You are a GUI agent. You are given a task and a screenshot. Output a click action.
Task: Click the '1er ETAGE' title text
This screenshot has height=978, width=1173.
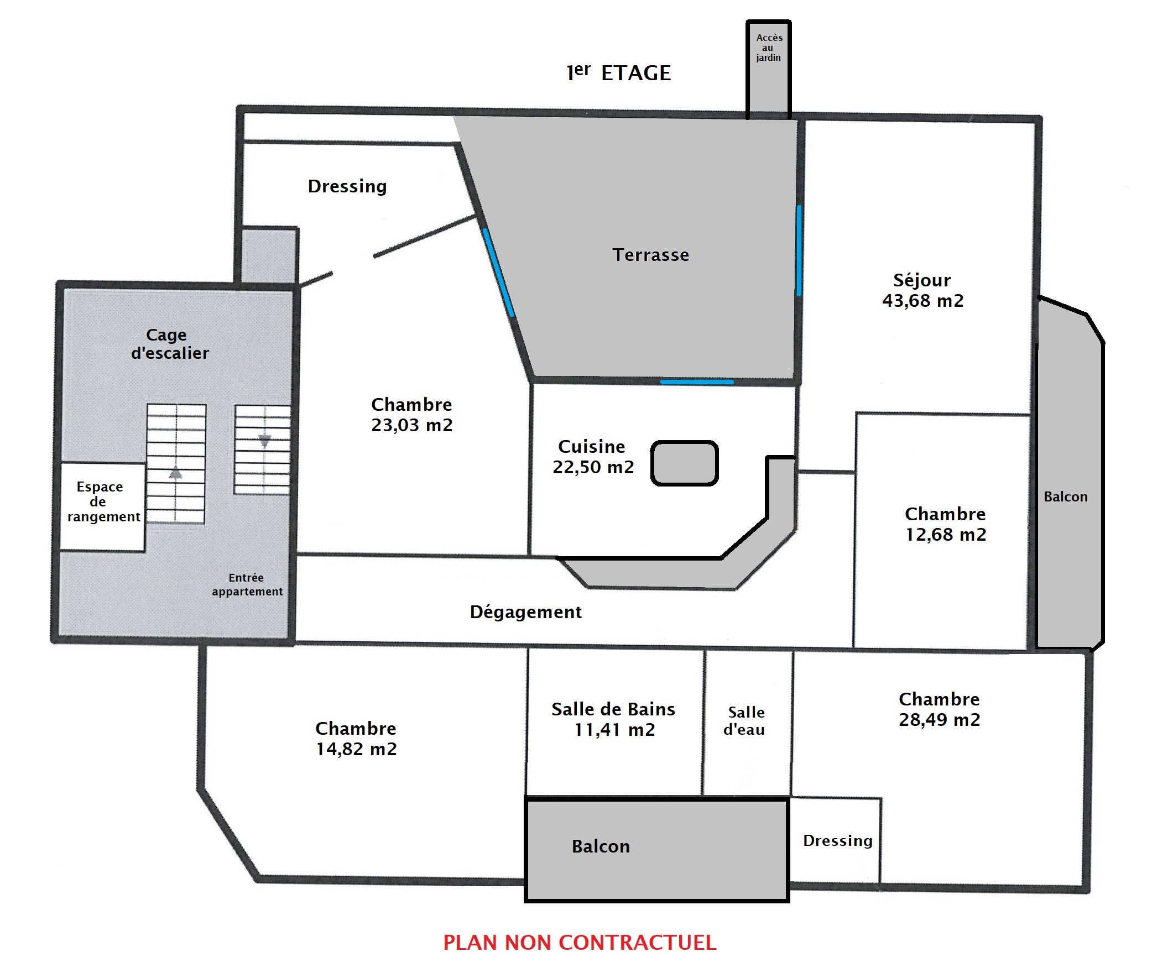tap(618, 72)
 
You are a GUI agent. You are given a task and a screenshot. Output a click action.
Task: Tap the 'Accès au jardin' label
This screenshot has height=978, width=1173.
tap(769, 48)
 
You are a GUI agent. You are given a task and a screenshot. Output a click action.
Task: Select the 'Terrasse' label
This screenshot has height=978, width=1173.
tap(651, 255)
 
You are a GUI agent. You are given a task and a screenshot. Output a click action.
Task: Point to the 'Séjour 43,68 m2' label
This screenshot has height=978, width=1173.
tap(923, 290)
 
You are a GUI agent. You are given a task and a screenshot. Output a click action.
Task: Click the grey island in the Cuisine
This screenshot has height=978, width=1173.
tap(684, 463)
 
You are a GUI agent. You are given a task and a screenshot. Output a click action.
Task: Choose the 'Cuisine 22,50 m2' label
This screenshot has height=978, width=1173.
tap(593, 457)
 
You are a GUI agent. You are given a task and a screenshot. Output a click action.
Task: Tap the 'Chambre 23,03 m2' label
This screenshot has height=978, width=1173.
tap(411, 415)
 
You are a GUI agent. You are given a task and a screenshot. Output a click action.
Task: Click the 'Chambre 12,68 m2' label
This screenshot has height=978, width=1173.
tap(945, 524)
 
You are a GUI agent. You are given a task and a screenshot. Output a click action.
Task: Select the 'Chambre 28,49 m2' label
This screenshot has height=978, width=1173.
tap(940, 709)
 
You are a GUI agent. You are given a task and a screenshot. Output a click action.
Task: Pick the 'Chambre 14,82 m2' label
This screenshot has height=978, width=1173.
tap(356, 739)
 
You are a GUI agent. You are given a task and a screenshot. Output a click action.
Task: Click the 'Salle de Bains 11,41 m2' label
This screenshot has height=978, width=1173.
tap(613, 719)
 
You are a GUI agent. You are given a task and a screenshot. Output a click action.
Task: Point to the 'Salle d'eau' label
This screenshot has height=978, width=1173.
tap(745, 720)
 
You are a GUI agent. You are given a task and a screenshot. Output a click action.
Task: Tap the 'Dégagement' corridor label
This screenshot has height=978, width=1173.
tap(525, 612)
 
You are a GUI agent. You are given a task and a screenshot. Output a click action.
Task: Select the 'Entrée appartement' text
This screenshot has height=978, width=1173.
tap(247, 584)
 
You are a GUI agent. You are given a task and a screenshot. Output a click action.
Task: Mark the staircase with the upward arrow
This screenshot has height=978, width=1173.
tap(176, 464)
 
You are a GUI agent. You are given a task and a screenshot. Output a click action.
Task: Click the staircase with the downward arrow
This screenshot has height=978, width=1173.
tap(263, 449)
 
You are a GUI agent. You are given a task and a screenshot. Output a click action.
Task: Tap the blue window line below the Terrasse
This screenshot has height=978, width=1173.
tap(696, 382)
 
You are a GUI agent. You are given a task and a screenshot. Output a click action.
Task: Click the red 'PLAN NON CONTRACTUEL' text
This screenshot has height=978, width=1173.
tap(579, 943)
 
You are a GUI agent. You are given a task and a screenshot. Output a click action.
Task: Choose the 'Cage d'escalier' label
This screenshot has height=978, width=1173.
tap(169, 343)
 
